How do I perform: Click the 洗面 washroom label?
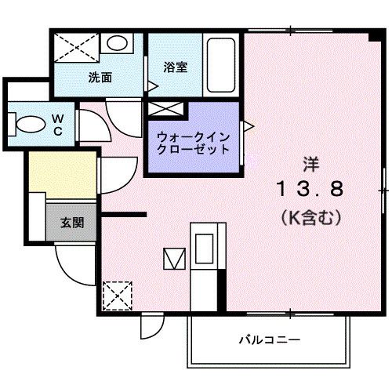click(x=99, y=78)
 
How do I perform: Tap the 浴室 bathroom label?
click(x=174, y=67)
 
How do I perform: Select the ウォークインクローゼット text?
click(x=193, y=141)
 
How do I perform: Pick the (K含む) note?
click(x=309, y=217)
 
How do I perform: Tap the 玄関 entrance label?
click(x=73, y=222)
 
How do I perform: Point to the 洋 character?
click(x=311, y=163)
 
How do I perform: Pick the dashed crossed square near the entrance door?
click(x=115, y=296)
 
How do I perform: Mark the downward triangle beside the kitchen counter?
click(x=172, y=258)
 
